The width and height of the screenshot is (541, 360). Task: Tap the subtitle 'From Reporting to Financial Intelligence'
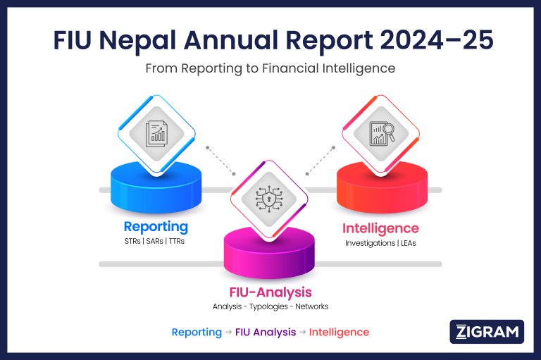coord(270,68)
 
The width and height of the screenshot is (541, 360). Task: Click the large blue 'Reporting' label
coord(156,227)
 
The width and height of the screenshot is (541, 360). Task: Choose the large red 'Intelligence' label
coord(380,228)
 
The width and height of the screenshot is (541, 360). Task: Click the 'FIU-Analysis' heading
coord(270,292)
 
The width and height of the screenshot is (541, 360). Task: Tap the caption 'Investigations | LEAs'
coord(380,243)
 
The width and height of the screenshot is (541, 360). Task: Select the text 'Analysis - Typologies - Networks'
coord(270,306)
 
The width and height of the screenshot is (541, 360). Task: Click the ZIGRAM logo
coord(487,332)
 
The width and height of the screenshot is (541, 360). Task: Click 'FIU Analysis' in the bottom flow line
coord(266,332)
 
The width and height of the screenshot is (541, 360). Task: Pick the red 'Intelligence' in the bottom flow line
coord(339,332)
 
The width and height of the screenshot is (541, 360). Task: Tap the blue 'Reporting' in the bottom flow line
coord(197,332)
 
